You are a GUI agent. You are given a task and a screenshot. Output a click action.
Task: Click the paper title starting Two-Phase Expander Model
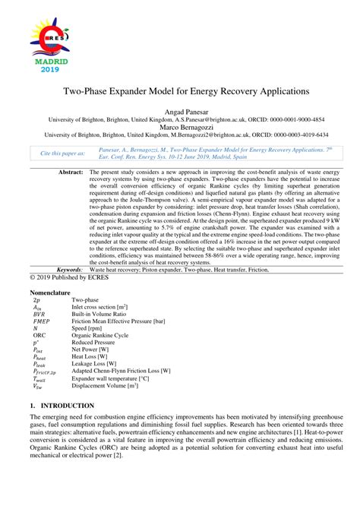coord(180,90)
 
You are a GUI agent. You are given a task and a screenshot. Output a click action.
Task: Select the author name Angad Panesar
coord(179,112)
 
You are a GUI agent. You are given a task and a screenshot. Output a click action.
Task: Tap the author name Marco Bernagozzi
coord(179,127)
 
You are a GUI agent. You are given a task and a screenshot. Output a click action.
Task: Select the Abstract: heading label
coord(71,173)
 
